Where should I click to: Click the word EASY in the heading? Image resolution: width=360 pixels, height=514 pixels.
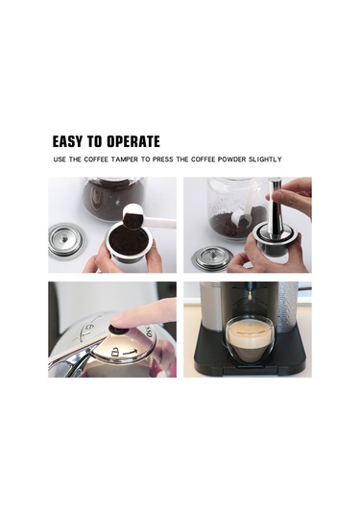click(73, 141)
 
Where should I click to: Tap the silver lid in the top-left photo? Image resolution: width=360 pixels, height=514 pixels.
click(65, 239)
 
